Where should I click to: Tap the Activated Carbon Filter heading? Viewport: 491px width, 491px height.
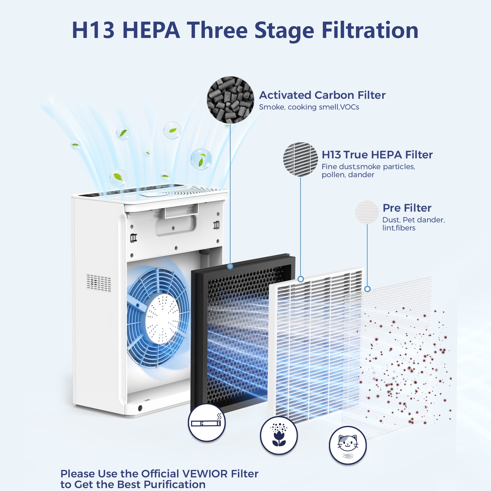pos(322,95)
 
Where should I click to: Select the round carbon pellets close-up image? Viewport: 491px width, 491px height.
pos(230,100)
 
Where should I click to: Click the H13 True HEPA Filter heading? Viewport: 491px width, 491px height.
pos(377,154)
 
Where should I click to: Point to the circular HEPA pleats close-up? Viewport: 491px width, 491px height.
pos(300,159)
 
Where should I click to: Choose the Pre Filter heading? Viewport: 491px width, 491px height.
pos(407,208)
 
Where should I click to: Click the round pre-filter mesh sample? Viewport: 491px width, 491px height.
pos(367,212)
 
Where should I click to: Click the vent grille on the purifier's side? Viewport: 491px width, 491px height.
pos(99,283)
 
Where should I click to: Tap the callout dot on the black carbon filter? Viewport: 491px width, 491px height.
pos(230,266)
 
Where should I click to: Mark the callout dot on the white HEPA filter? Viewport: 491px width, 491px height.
pos(300,279)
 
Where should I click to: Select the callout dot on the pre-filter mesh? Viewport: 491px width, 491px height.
pos(367,289)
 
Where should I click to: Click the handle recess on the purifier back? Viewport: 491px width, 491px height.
pos(175,225)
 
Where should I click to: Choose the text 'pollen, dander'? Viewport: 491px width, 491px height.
pos(348,175)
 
